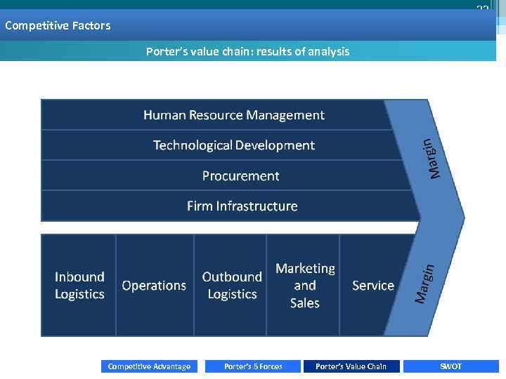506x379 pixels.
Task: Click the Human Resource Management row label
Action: (233, 115)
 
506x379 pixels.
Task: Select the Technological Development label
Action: (233, 145)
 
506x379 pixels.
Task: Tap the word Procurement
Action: (240, 176)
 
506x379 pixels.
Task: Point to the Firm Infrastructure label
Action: (242, 206)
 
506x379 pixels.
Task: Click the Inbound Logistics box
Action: (79, 286)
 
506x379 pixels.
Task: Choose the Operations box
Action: (154, 286)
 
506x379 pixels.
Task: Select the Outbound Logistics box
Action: (231, 286)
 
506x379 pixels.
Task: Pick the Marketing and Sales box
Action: (304, 286)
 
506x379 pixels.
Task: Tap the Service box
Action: (372, 286)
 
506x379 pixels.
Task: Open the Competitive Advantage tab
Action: (149, 366)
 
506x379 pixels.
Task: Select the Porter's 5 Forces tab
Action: (253, 366)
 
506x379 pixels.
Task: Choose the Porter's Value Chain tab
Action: (351, 366)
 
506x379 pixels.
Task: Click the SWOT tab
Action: (450, 366)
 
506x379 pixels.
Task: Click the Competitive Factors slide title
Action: (58, 26)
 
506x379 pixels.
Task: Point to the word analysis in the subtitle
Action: (327, 51)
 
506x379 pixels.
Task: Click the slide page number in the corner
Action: (482, 8)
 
